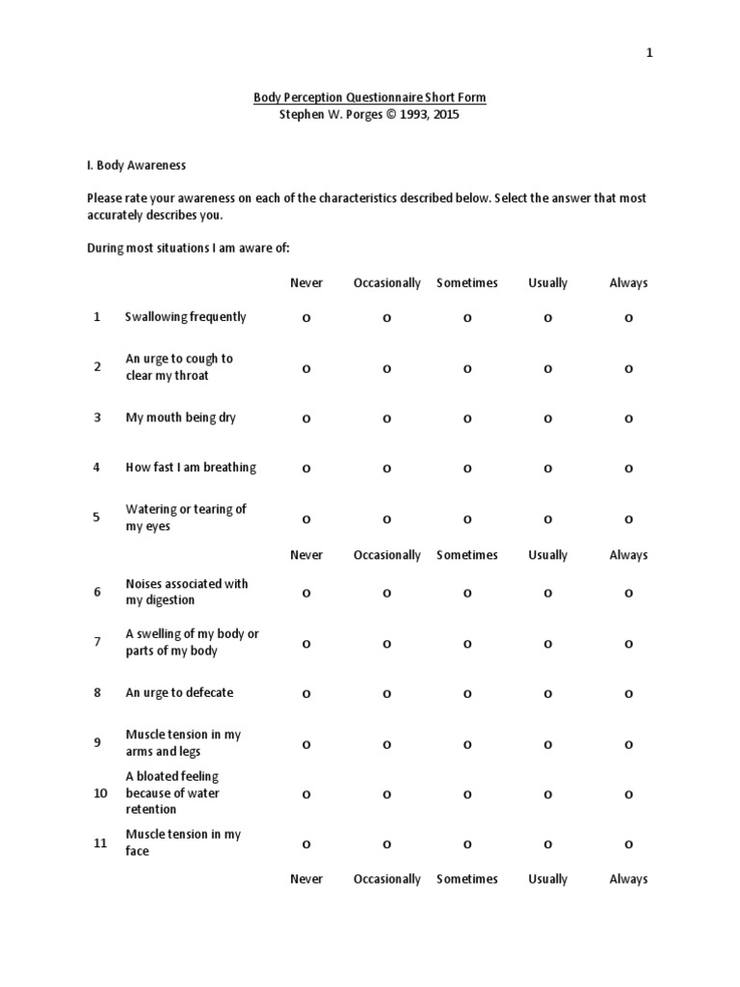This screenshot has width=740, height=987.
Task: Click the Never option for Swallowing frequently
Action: coord(306,318)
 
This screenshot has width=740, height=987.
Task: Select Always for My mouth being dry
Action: coord(628,418)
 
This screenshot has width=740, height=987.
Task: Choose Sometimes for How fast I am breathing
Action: coord(467,468)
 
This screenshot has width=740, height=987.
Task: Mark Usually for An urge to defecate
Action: coord(547,694)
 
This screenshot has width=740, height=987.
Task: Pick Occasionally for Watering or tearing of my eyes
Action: coord(386,519)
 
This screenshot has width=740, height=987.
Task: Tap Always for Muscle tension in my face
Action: coord(628,844)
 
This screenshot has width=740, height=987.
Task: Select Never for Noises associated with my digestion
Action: coord(306,594)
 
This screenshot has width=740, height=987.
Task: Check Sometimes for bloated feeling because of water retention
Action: coord(467,794)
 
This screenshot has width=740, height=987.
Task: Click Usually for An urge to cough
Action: coord(547,368)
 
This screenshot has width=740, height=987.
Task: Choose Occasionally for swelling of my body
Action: coord(386,644)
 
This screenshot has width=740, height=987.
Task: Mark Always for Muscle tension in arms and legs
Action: coord(628,744)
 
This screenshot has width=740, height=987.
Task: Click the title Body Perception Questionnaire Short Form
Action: coord(370,97)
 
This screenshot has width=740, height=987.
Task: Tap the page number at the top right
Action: coord(649,54)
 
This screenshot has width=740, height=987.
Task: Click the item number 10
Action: coord(100,792)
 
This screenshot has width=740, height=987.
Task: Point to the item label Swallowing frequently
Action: coord(185,317)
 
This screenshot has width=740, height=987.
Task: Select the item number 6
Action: coord(96,592)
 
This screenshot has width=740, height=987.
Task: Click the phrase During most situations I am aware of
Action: coord(188,248)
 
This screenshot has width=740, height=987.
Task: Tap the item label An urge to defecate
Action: coord(179,693)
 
